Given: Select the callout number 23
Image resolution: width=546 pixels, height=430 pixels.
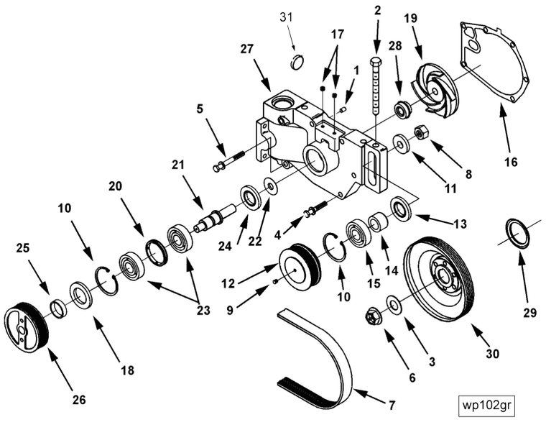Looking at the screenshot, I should pyautogui.click(x=203, y=311).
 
